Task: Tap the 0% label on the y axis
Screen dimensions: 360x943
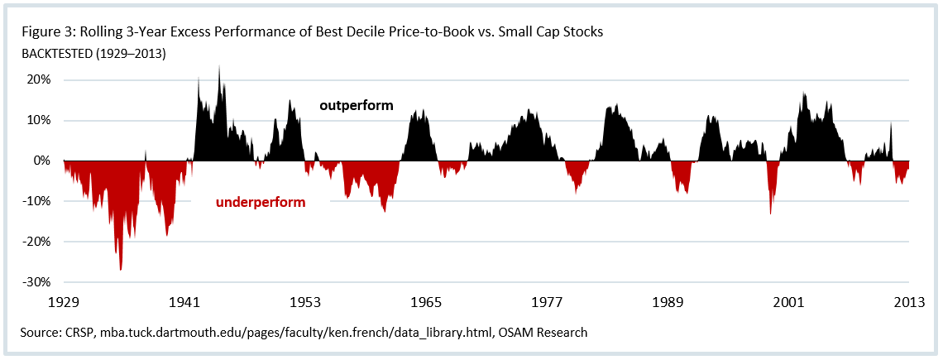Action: tap(44, 161)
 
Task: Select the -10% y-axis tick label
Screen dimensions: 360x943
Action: tap(38, 201)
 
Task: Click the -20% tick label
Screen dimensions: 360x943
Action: tap(38, 242)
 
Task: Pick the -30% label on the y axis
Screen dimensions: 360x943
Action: tap(38, 282)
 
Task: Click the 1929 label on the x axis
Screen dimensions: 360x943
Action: tap(64, 303)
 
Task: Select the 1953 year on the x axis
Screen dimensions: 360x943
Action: tap(305, 303)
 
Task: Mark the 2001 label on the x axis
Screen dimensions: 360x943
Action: tap(788, 303)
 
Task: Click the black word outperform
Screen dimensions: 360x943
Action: tap(357, 106)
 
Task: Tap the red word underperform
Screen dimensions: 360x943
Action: tap(261, 202)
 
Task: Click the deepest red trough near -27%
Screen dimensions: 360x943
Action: tap(121, 269)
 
